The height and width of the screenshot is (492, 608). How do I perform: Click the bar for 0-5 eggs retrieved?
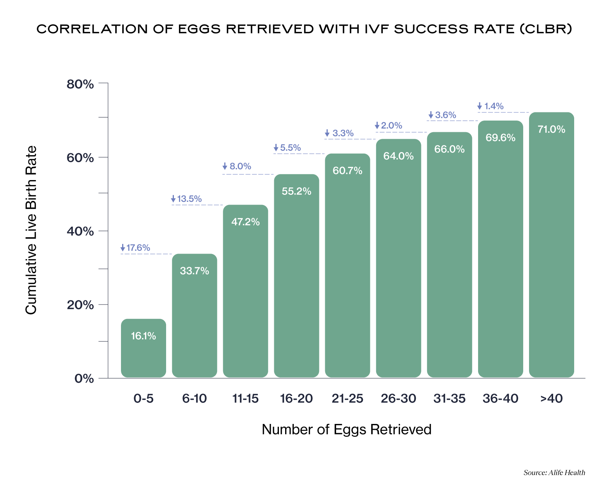144,348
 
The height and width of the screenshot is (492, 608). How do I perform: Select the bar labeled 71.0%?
552,245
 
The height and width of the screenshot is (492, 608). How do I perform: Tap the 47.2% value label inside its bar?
245,222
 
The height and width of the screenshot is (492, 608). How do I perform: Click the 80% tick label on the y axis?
81,84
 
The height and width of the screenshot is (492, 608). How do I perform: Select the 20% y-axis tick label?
81,305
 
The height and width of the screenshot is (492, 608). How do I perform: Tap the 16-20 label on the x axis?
296,399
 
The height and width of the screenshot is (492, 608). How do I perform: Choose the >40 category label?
552,399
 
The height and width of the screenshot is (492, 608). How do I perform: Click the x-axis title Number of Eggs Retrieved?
347,429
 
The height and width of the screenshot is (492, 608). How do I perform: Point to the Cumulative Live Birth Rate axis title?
31,230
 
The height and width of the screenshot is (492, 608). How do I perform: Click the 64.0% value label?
398,156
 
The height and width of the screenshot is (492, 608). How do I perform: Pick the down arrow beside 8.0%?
225,166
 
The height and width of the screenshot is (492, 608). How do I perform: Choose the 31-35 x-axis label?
449,399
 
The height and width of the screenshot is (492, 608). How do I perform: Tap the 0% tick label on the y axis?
84,378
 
